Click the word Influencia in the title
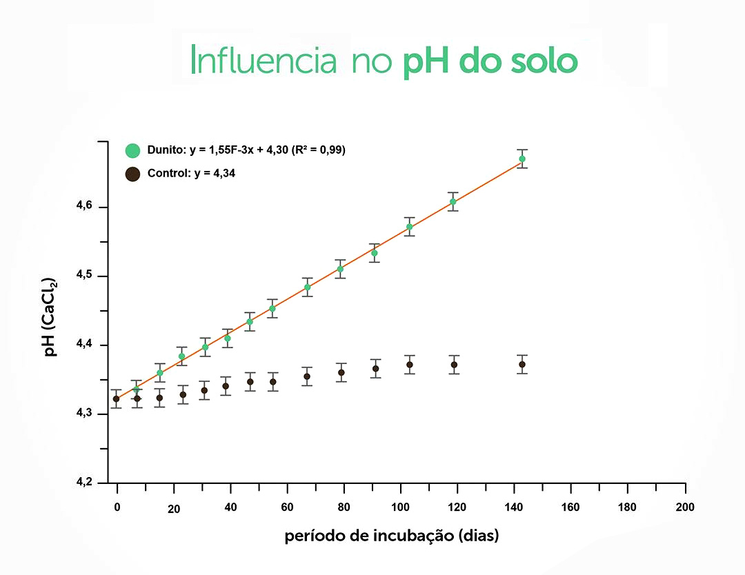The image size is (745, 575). coord(263,61)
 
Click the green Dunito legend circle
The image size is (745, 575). coord(133,150)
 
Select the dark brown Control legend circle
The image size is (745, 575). coord(133,174)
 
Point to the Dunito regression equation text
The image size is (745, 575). coord(246,150)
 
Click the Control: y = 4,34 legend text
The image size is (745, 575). coord(191,174)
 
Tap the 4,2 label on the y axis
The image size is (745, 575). coord(83,482)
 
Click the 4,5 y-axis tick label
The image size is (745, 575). coord(83,276)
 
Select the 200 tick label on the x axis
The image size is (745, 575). coord(685,507)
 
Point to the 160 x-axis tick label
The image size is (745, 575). coord(570,507)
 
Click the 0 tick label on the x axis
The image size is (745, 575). coord(117,507)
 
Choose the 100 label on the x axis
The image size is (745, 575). coord(400,507)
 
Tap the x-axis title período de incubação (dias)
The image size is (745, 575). coord(391,536)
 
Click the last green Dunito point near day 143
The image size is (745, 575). coord(522,159)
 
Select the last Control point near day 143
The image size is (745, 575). coord(522,364)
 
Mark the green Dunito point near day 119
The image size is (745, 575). coord(453,201)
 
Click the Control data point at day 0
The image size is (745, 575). coord(116,399)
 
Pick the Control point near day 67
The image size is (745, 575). coord(307,376)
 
